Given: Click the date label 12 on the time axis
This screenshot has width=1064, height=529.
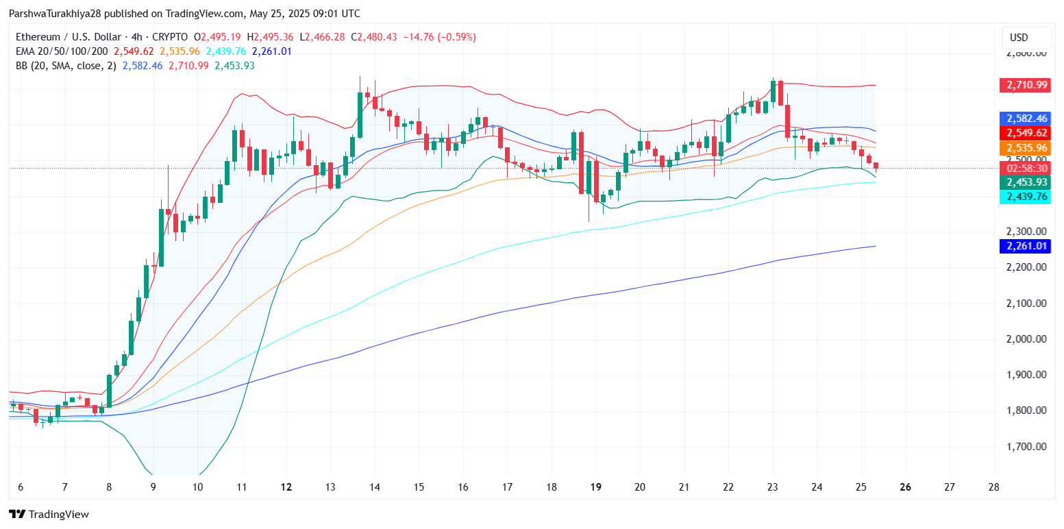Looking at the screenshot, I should (x=286, y=487).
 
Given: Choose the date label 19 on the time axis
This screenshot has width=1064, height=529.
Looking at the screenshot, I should (x=595, y=487).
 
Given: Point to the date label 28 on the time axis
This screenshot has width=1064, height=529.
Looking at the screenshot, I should (x=994, y=487).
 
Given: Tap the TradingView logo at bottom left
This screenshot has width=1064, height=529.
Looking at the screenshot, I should (x=49, y=514).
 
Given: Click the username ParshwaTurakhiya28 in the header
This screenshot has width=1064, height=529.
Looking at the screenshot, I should (x=57, y=14).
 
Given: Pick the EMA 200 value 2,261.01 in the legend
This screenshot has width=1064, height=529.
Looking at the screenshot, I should (x=272, y=51).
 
